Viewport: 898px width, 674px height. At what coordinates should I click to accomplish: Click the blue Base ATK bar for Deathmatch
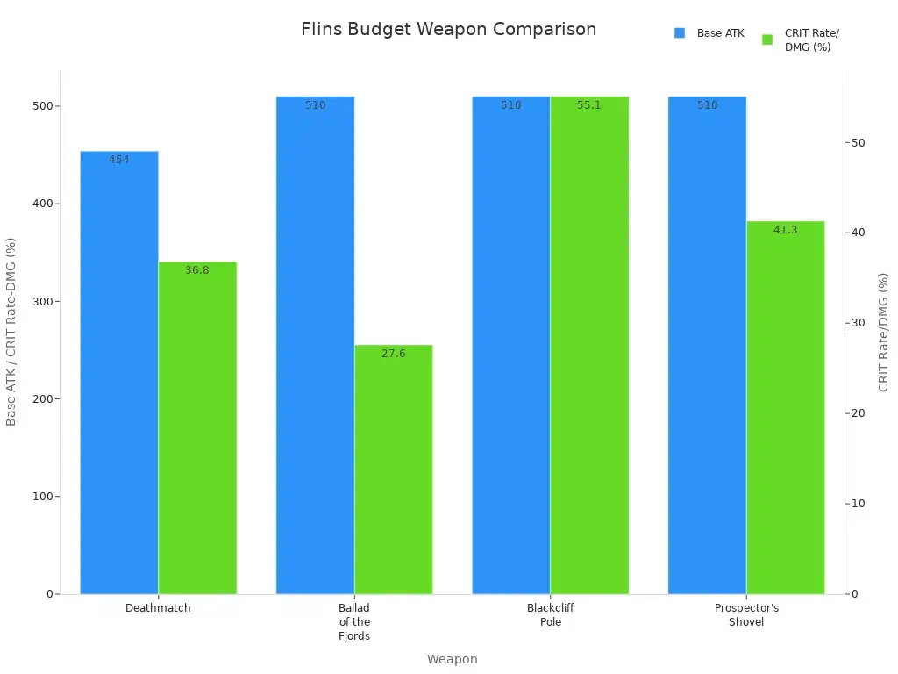point(119,373)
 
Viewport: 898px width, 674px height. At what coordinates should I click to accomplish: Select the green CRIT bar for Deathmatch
point(197,428)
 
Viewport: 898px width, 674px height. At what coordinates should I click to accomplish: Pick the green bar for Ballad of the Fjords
point(394,470)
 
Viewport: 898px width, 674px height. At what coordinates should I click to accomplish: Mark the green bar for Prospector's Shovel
point(786,408)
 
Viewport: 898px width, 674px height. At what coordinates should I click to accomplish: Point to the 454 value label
point(119,160)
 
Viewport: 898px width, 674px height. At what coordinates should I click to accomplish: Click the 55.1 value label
point(589,105)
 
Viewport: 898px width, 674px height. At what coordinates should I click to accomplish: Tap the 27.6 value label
point(394,354)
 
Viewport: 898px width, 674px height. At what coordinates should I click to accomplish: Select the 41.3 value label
point(786,230)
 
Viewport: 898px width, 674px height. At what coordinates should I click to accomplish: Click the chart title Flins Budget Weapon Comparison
point(448,29)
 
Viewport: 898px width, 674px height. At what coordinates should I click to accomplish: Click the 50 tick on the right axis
point(858,143)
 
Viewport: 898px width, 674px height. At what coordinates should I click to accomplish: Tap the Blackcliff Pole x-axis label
point(551,614)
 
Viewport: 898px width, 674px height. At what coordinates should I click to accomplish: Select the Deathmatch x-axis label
point(158,607)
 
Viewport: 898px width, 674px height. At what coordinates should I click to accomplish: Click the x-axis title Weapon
point(452,659)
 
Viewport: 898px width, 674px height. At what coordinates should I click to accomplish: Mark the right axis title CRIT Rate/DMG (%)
point(883,332)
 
